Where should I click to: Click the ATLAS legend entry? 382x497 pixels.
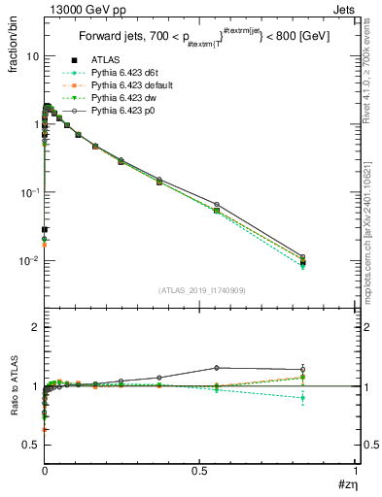click(x=105, y=61)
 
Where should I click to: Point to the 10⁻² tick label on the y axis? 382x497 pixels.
click(x=28, y=260)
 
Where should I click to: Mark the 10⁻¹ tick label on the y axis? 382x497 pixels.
click(x=28, y=192)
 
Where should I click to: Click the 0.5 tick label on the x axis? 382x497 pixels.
click(x=200, y=472)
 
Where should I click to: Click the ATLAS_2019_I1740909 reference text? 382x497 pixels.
click(x=200, y=290)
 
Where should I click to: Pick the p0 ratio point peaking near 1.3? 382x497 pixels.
click(x=216, y=368)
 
